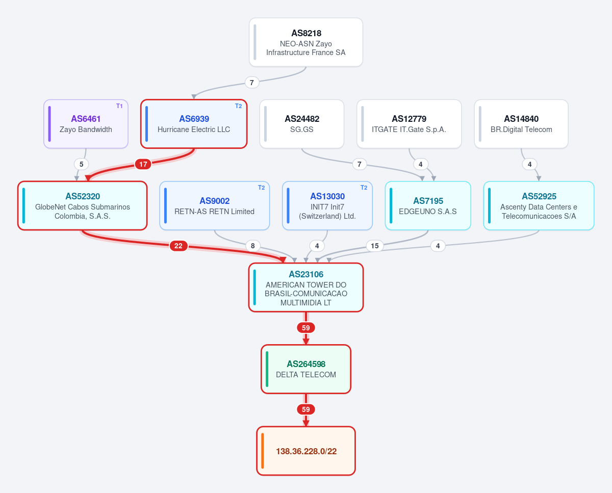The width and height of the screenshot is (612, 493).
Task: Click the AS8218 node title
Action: pos(306,33)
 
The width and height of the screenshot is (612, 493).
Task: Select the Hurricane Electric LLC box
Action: pos(194,124)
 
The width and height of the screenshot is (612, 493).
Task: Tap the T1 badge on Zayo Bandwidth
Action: pos(119,106)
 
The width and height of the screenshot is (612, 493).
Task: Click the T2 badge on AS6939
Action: pos(238,106)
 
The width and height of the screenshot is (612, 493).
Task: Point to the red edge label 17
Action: pos(143,164)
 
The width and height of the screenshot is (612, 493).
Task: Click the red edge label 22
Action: pos(178,246)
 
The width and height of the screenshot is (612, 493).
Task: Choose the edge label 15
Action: pos(374,246)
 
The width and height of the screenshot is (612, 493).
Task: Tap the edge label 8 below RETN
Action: pos(252,246)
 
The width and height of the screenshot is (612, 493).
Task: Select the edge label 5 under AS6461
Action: pos(81,164)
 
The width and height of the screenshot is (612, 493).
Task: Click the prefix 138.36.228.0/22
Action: pos(306,451)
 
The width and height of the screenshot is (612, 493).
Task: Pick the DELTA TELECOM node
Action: pos(306,369)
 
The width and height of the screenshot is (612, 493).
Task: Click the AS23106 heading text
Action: pos(306,274)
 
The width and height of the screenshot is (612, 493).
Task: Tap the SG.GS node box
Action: pos(302,124)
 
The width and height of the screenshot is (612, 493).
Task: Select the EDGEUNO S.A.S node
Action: pos(428,205)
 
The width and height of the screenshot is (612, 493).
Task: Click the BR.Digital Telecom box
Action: pos(521,124)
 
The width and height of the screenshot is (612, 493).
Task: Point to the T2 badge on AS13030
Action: pos(364,188)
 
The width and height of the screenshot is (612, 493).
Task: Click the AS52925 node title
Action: pos(539,196)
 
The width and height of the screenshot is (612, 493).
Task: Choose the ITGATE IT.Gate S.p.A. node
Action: pos(409,124)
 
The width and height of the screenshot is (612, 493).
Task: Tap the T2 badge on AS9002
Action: pos(261,188)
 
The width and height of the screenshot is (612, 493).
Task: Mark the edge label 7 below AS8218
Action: pos(251,83)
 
